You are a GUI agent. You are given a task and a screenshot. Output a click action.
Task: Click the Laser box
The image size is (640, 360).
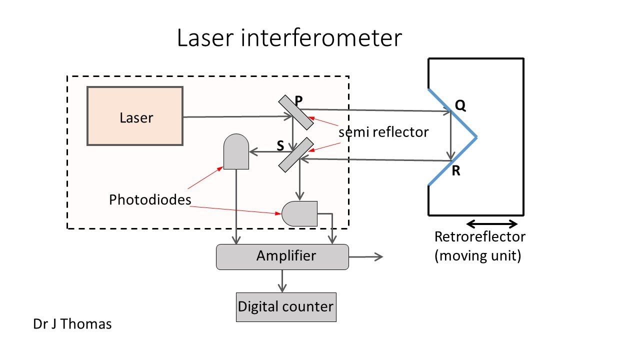pyautogui.click(x=135, y=116)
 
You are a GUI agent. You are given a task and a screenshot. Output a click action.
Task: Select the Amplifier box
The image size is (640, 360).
pyautogui.click(x=282, y=257)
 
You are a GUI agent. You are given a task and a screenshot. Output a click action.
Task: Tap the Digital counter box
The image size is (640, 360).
pyautogui.click(x=285, y=306)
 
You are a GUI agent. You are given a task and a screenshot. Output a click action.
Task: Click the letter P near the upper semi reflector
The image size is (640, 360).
pyautogui.click(x=298, y=100)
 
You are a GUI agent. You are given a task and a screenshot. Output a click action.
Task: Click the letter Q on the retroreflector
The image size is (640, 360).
pyautogui.click(x=460, y=106)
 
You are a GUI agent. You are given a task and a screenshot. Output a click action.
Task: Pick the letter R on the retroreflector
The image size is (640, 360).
pyautogui.click(x=455, y=171)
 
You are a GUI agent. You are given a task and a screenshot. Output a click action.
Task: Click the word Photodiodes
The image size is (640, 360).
pyautogui.click(x=150, y=200)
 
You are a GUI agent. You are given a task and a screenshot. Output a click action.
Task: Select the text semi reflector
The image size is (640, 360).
pyautogui.click(x=383, y=132)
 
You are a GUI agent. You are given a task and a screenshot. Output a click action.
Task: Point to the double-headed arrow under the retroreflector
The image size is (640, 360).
pyautogui.click(x=491, y=223)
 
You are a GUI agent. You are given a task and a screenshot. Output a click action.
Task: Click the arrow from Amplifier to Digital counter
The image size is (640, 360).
pyautogui.click(x=282, y=280)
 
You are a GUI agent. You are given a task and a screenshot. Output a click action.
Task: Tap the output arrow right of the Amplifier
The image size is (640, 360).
pyautogui.click(x=365, y=256)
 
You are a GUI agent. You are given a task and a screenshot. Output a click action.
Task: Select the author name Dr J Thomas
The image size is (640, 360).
pyautogui.click(x=72, y=324)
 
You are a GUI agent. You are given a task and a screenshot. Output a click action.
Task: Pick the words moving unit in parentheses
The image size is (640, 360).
pyautogui.click(x=478, y=256)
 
